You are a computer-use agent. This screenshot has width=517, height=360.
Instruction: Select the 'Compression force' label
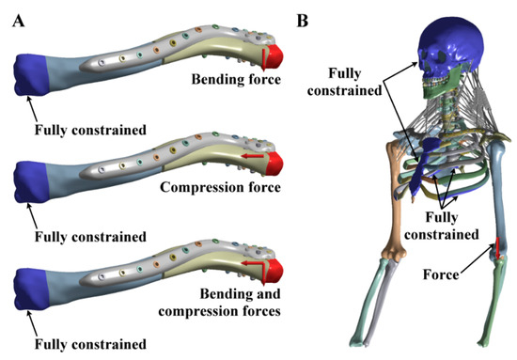pyautogui.click(x=220, y=187)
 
